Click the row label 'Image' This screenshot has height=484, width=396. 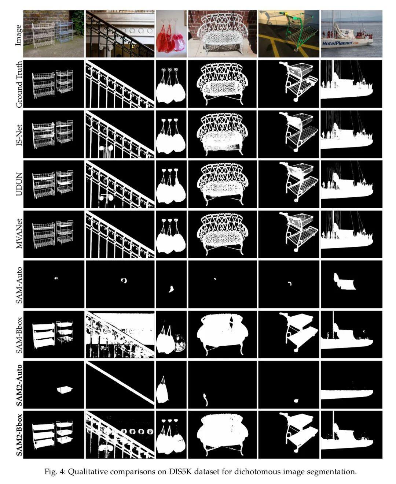point(19,35)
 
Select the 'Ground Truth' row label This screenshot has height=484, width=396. point(19,84)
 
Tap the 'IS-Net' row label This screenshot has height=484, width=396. point(19,135)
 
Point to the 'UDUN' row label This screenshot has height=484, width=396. point(19,184)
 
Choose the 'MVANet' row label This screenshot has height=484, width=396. point(19,234)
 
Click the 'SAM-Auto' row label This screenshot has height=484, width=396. point(19,285)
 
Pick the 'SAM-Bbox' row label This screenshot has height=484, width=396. point(19,335)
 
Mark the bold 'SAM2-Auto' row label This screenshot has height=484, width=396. point(19,385)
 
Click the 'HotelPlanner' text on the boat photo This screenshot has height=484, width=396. point(337,43)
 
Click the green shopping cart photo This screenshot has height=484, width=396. point(289,34)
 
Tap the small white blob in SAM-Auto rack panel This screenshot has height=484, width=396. point(56,278)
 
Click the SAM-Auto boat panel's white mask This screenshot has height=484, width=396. point(344,282)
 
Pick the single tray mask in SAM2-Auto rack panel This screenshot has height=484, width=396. point(65,390)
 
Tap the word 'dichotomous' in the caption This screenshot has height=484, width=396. point(258,472)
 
